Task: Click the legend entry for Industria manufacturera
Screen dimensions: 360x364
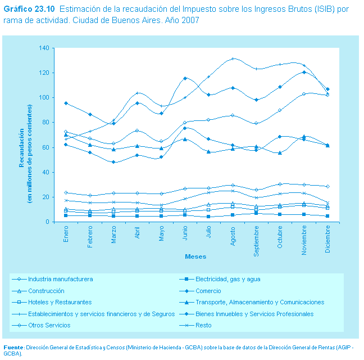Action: (x=60, y=279)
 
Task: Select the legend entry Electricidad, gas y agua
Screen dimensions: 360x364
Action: (x=228, y=279)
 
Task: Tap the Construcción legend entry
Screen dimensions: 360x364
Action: (x=46, y=291)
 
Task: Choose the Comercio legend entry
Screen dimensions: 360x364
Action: (x=210, y=291)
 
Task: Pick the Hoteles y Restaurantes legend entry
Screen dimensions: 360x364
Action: (x=60, y=302)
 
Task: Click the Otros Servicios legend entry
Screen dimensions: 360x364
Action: (x=49, y=325)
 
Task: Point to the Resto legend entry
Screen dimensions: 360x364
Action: (x=204, y=325)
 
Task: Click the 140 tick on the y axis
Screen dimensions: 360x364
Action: (x=44, y=48)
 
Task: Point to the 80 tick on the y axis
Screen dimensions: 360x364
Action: (x=46, y=123)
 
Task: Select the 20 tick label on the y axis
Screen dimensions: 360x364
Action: (x=46, y=197)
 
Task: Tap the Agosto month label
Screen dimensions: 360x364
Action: (x=233, y=236)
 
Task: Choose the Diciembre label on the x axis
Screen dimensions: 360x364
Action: (x=327, y=239)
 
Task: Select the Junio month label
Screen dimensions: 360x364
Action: (x=185, y=234)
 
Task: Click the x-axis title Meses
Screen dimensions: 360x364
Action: (x=196, y=256)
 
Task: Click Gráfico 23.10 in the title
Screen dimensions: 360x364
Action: (x=29, y=10)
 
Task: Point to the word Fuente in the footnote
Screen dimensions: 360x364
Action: (x=13, y=346)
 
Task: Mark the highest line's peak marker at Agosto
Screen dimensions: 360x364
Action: (x=233, y=58)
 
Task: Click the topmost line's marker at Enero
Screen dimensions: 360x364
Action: (x=66, y=103)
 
